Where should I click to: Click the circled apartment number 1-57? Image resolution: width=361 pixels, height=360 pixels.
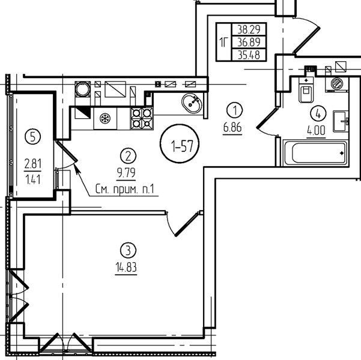click(x=180, y=144)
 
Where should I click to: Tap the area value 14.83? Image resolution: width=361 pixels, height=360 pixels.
click(x=126, y=267)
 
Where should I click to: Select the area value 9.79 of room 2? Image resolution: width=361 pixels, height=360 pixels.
click(x=126, y=173)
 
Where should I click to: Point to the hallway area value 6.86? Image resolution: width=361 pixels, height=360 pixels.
click(x=232, y=127)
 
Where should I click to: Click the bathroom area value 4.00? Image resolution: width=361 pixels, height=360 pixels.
click(x=316, y=130)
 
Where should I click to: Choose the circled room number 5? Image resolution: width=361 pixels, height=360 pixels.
click(x=32, y=137)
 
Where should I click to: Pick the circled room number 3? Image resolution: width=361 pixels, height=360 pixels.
click(x=128, y=250)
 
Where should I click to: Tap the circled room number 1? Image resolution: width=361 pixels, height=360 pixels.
click(x=235, y=110)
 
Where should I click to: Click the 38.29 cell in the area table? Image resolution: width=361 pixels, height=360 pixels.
click(x=249, y=29)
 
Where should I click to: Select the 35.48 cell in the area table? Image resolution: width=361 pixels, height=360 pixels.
click(x=249, y=55)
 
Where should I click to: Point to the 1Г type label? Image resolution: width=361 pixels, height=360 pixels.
click(x=223, y=42)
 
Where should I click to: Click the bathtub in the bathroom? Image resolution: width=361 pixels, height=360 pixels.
click(x=315, y=153)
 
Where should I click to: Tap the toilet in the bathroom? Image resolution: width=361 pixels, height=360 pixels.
click(x=306, y=90)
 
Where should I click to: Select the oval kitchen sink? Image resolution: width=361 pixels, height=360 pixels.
click(x=192, y=103)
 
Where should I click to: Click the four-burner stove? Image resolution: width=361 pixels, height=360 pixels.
click(x=142, y=118)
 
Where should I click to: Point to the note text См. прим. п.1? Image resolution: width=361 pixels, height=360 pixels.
click(x=124, y=190)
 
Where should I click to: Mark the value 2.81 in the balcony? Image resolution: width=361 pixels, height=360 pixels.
click(x=32, y=164)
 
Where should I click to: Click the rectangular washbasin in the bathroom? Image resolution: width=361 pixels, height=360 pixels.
click(x=341, y=121)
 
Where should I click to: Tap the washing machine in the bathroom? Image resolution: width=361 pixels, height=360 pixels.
click(x=336, y=84)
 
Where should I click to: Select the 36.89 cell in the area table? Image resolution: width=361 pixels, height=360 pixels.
click(x=249, y=42)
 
